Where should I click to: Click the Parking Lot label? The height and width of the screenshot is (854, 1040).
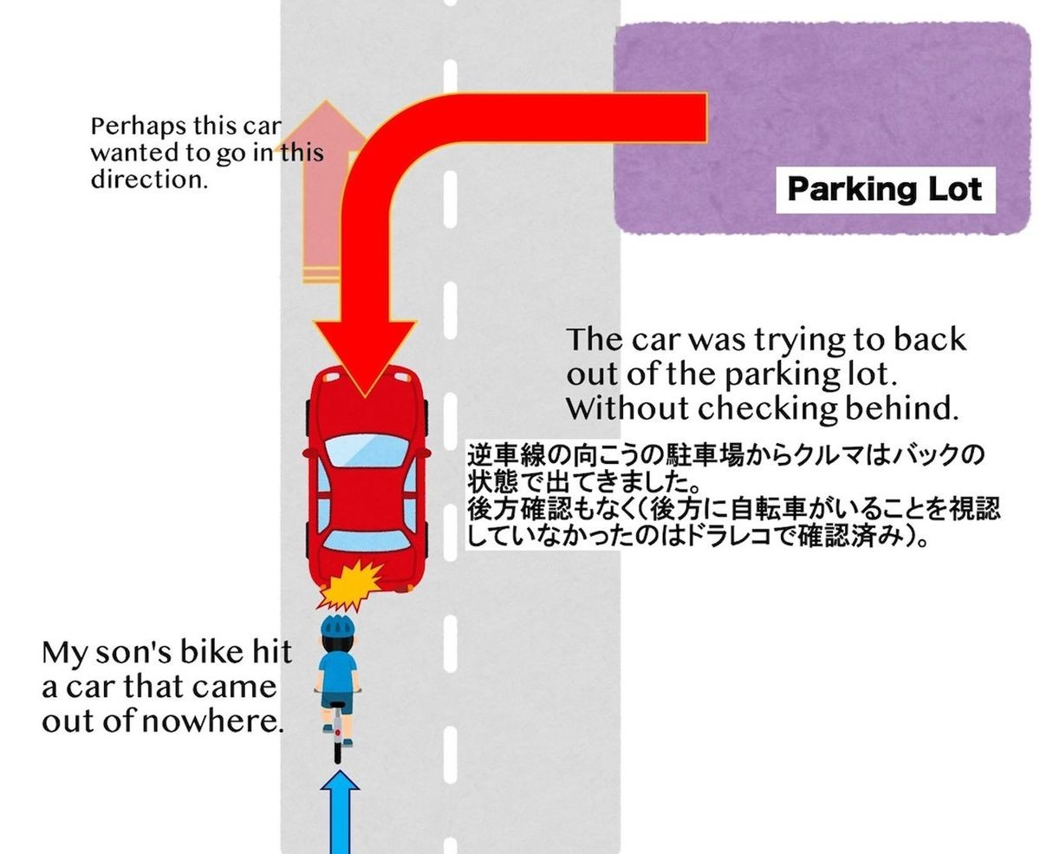point(885,190)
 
